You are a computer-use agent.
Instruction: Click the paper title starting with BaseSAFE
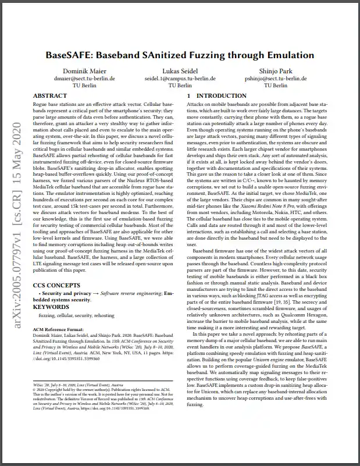click(180, 55)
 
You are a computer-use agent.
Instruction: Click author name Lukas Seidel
click(180, 71)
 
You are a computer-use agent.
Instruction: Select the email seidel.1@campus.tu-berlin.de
click(180, 78)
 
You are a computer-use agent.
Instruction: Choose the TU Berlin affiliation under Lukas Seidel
click(180, 85)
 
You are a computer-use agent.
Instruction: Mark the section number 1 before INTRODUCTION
click(188, 95)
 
